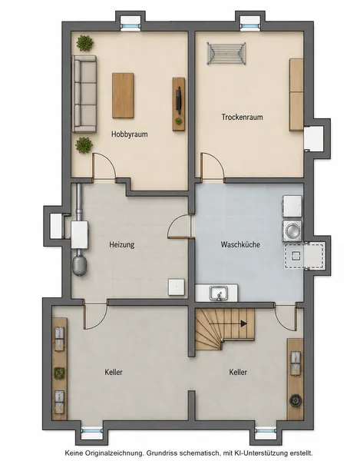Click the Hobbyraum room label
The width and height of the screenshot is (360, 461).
click(x=129, y=134)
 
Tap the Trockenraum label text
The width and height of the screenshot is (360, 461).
click(x=242, y=117)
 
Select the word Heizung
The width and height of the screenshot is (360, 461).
click(x=122, y=244)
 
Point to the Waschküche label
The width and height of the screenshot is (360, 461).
click(x=240, y=244)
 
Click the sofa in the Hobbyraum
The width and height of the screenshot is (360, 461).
click(x=84, y=94)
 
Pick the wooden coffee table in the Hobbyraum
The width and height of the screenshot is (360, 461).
click(x=123, y=96)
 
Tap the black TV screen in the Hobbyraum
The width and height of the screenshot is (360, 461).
click(x=178, y=100)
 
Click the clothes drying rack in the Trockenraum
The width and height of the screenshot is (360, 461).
click(x=226, y=53)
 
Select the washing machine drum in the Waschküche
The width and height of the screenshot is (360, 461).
click(x=292, y=230)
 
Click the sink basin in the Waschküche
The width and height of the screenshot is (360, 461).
click(x=219, y=294)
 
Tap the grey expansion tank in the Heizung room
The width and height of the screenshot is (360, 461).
click(x=80, y=266)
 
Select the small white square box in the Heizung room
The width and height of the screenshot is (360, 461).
click(x=177, y=287)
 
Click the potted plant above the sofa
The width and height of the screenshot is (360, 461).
click(x=85, y=43)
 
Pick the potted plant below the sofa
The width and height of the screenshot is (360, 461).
click(x=84, y=145)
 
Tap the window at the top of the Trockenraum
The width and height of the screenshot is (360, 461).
click(x=250, y=26)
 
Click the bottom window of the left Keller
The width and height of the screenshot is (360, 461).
click(x=91, y=431)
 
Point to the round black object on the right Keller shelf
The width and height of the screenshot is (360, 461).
click(x=295, y=400)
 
